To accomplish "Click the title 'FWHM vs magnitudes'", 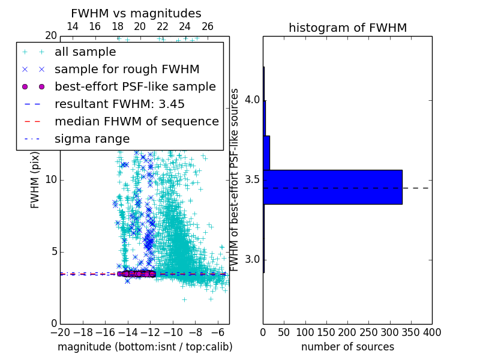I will pos(136,13).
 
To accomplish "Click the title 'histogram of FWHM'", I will pos(347,28).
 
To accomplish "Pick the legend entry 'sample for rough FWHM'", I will pos(127,70).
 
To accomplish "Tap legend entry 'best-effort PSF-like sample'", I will pos(135,87).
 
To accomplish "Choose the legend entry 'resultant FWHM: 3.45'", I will pos(119,104).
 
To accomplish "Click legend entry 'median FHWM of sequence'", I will pos(136,122).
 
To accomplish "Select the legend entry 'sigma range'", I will pos(92,139).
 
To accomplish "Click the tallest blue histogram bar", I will pos(332,187).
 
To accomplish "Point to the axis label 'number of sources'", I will pos(347,347).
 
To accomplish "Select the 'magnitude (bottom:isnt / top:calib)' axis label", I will pos(145,347).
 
